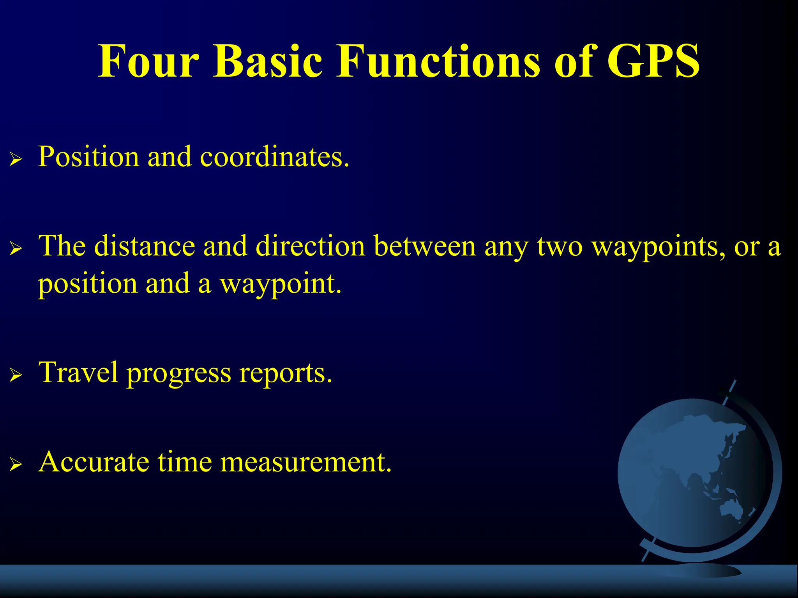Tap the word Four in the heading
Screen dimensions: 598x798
(x=148, y=62)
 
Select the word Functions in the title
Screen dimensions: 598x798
(x=438, y=62)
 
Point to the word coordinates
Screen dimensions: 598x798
(x=274, y=157)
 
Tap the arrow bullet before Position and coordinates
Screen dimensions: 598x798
(x=16, y=159)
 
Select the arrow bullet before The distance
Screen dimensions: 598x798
(x=16, y=248)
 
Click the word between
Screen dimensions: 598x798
(x=425, y=246)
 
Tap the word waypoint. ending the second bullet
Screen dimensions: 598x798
(x=281, y=284)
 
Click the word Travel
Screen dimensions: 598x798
(x=78, y=372)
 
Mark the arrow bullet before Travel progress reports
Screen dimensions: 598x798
(x=16, y=375)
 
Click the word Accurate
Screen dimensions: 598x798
(x=94, y=462)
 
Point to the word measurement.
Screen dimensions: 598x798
(x=306, y=462)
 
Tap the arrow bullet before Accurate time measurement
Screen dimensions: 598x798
(x=16, y=464)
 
